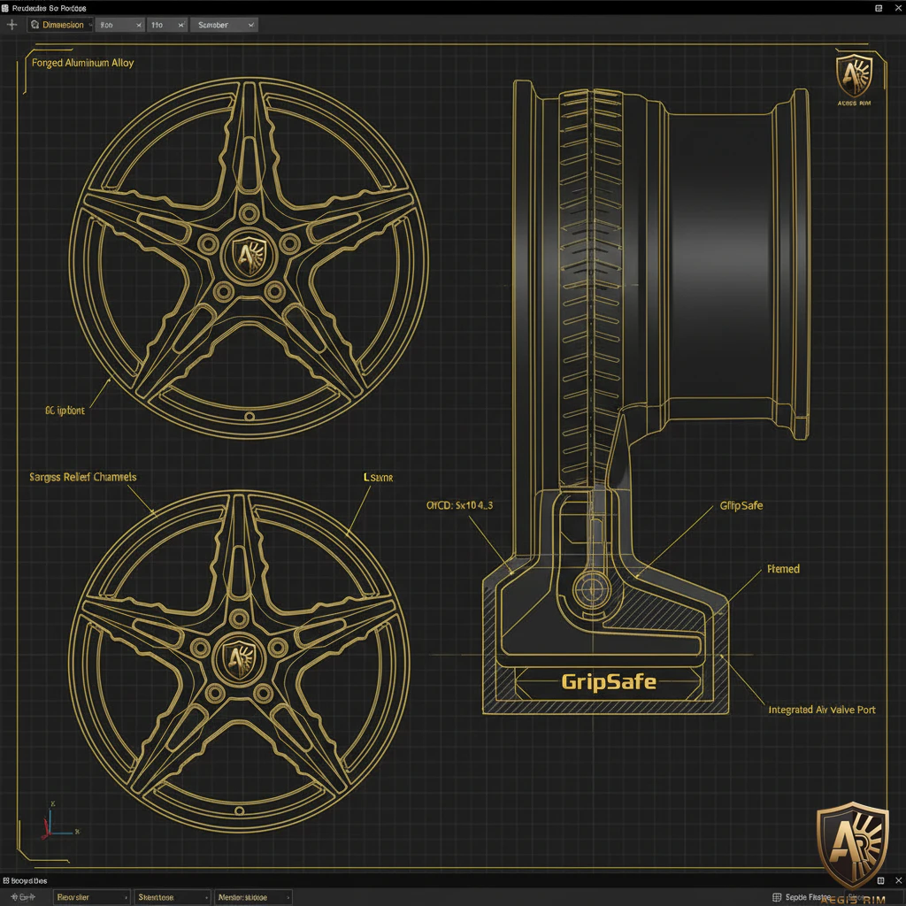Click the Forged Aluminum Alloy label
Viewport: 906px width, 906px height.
83,64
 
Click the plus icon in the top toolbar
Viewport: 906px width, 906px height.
12,25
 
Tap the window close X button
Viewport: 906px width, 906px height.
893,7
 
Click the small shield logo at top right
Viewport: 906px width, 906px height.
854,79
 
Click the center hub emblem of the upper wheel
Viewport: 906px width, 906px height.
249,256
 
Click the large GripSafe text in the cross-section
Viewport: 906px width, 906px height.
609,682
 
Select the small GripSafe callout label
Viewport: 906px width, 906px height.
741,506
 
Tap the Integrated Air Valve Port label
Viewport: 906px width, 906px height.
821,710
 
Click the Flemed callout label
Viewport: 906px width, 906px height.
783,569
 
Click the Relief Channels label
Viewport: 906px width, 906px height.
83,477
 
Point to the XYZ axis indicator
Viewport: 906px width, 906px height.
50,822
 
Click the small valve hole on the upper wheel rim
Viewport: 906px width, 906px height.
250,416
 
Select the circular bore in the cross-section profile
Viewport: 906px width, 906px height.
588,587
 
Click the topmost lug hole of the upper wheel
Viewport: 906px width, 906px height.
249,212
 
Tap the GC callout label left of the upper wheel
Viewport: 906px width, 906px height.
65,411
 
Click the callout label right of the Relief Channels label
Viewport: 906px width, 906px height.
378,477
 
